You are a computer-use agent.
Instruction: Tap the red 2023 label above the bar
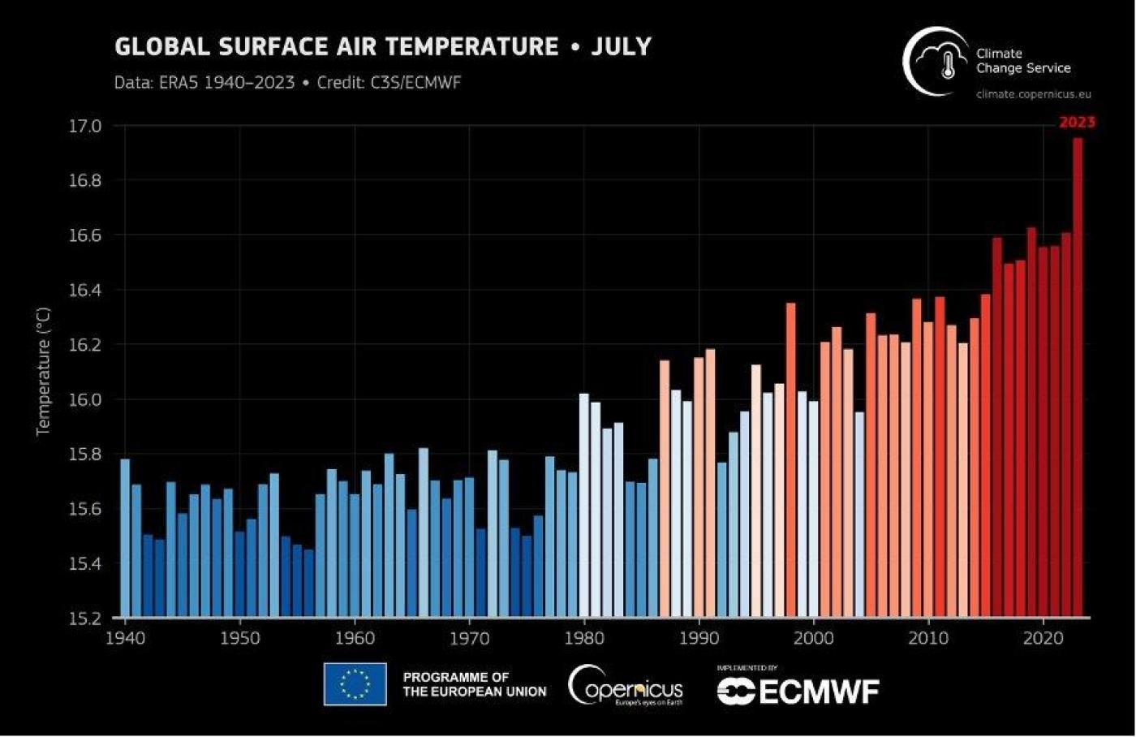click(x=1077, y=123)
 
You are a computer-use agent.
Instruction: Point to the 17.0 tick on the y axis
click(x=84, y=126)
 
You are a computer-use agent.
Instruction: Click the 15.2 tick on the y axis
click(x=84, y=618)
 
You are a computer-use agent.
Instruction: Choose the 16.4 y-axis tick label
click(x=84, y=290)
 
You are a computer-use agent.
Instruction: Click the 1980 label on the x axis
click(x=584, y=638)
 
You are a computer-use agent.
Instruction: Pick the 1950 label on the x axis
click(x=240, y=638)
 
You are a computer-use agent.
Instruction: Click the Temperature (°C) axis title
click(x=43, y=371)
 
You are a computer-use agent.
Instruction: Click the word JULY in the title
click(x=621, y=46)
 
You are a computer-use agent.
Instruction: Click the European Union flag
click(x=355, y=684)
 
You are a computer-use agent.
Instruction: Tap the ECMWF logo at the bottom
click(x=798, y=691)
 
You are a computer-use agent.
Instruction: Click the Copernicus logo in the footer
click(x=626, y=686)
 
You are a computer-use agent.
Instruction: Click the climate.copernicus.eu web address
click(x=1033, y=94)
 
